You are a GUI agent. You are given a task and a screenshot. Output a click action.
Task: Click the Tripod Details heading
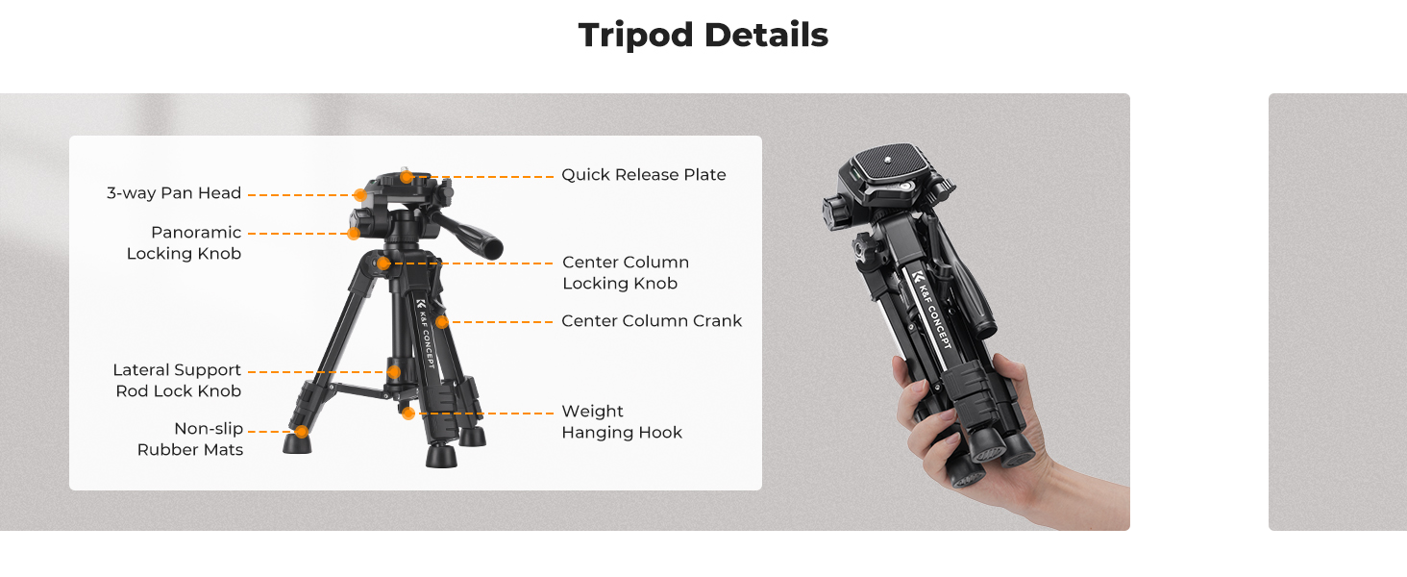(703, 35)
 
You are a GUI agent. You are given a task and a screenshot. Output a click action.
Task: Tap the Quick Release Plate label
(643, 175)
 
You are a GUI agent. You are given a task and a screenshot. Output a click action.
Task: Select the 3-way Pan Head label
(174, 193)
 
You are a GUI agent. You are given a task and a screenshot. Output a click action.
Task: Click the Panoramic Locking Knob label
(184, 242)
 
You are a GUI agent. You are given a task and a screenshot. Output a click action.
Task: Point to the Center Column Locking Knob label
(626, 273)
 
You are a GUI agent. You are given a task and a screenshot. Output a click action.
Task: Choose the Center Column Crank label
(652, 321)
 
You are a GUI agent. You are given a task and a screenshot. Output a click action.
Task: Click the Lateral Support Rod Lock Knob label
(177, 380)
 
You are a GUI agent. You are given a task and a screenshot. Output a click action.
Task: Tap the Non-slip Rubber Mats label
(189, 439)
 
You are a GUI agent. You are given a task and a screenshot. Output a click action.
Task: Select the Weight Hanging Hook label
(622, 422)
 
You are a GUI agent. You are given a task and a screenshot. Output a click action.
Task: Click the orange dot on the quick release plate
(407, 177)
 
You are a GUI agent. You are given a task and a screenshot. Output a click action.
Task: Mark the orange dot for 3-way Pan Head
(359, 195)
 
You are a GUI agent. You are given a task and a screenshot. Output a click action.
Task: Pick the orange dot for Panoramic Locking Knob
(354, 234)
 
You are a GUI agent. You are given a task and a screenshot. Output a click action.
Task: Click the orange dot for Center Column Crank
(442, 322)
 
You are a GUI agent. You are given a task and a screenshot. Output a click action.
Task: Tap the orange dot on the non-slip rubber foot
(302, 432)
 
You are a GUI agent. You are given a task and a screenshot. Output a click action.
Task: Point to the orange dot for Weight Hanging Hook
(408, 413)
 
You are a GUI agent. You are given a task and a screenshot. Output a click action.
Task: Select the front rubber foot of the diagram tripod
(441, 456)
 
